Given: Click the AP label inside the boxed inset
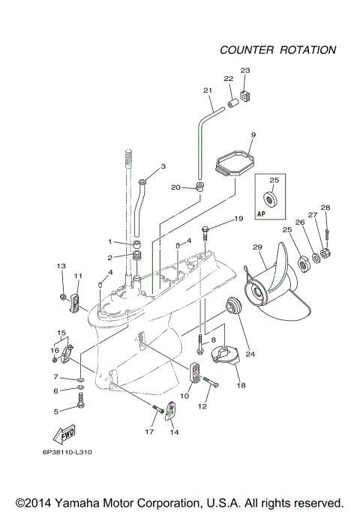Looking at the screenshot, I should (x=262, y=213).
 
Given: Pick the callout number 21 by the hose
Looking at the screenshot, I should (x=208, y=91).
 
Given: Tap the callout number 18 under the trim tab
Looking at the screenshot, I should (x=241, y=385).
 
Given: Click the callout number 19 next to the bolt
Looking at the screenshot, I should (x=238, y=218).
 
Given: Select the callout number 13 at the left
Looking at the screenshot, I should (x=61, y=266).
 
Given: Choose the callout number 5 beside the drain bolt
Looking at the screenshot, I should (x=55, y=411).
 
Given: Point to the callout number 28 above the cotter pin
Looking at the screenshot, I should (x=325, y=208).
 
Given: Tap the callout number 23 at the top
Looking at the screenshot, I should (x=244, y=70).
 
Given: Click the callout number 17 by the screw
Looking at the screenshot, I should (x=148, y=431).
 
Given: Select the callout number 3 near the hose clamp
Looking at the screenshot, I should (x=163, y=166).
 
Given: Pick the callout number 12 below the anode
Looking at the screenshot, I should (x=200, y=406).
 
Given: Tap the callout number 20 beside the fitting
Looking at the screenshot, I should (x=175, y=187).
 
